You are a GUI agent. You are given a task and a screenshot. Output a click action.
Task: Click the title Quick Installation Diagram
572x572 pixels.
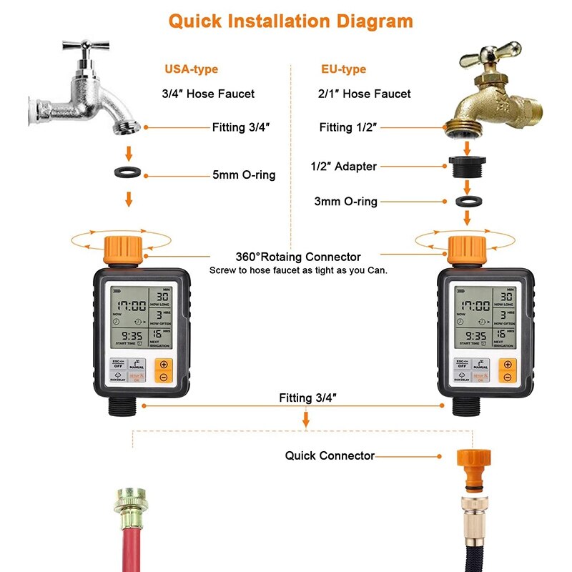click(290, 20)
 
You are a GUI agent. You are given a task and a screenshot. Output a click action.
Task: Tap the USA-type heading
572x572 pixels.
click(191, 69)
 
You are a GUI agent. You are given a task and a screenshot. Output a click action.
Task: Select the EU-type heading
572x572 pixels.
click(343, 69)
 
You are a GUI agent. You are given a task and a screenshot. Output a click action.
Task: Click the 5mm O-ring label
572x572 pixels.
click(243, 174)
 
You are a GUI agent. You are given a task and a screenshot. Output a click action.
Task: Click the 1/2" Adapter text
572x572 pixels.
click(343, 167)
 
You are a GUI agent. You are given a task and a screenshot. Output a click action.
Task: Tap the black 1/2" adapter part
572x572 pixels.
click(466, 166)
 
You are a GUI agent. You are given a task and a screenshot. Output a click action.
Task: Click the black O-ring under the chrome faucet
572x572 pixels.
click(129, 174)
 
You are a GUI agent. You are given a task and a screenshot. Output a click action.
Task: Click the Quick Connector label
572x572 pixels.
click(330, 455)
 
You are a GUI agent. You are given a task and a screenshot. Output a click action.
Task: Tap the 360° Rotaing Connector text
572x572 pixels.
click(298, 257)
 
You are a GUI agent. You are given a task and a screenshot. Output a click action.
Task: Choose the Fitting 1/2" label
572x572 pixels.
click(347, 127)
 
